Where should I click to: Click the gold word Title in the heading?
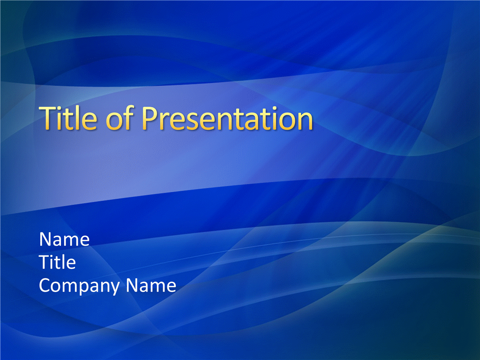[x=68, y=118]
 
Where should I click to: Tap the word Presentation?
[x=227, y=118]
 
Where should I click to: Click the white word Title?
[x=57, y=262]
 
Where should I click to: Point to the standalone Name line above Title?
[x=64, y=239]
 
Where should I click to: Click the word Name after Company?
[x=151, y=285]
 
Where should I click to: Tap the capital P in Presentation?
[x=150, y=118]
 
